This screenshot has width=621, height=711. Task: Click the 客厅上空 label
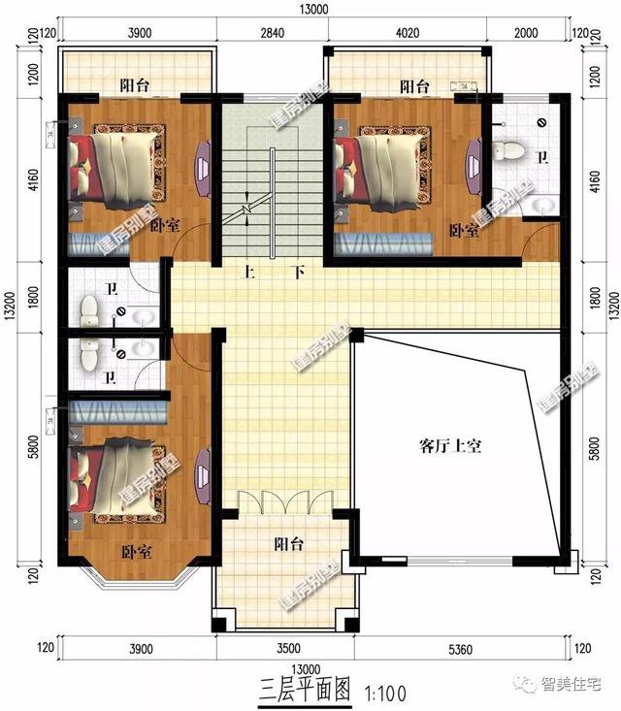coord(451,447)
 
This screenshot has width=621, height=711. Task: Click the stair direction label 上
coord(247,273)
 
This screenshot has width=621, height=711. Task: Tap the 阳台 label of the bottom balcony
coord(288,544)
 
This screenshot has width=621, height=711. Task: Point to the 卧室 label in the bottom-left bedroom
coord(137,551)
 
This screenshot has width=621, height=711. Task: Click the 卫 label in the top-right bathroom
coord(543,158)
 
